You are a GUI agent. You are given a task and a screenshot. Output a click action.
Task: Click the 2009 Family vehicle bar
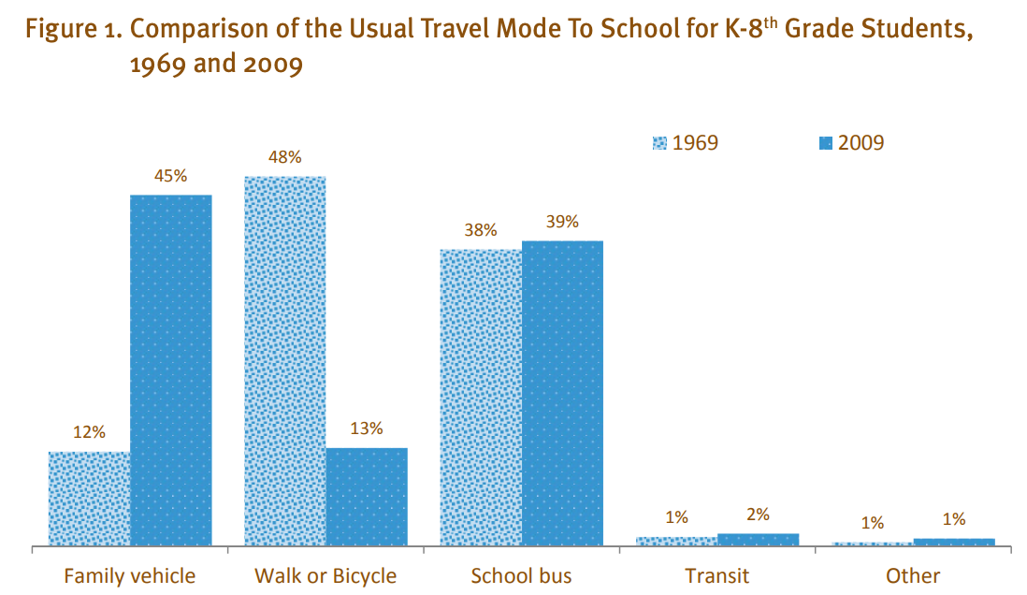pyautogui.click(x=171, y=370)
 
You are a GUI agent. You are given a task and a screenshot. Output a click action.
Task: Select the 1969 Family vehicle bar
pyautogui.click(x=89, y=498)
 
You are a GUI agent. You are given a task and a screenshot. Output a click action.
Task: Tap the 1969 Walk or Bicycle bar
pyautogui.click(x=284, y=360)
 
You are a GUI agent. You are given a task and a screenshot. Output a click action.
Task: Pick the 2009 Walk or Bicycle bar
pyautogui.click(x=367, y=496)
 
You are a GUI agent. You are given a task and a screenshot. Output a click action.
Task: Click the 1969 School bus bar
pyautogui.click(x=481, y=397)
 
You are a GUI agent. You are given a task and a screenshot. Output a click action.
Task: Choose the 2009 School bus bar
pyautogui.click(x=562, y=393)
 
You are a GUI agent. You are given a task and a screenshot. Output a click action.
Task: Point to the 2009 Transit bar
pyautogui.click(x=758, y=539)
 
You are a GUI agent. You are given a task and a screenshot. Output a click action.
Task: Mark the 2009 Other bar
pyautogui.click(x=953, y=542)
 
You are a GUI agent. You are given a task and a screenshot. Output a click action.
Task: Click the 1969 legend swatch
pyautogui.click(x=659, y=143)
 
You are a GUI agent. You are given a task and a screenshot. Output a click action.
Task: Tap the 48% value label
pyautogui.click(x=284, y=157)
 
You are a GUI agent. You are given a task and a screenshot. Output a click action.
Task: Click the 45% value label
pyautogui.click(x=171, y=176)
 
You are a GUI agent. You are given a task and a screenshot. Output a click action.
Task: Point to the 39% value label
pyautogui.click(x=562, y=222)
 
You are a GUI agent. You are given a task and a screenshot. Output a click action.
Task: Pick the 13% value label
pyautogui.click(x=367, y=428)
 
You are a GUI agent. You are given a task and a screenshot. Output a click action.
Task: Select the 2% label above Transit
pyautogui.click(x=758, y=514)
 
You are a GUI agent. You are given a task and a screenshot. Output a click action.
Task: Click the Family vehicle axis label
pyautogui.click(x=129, y=574)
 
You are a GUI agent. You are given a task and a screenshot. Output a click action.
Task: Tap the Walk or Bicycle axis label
pyautogui.click(x=325, y=574)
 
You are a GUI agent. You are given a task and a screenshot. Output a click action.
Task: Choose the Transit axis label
pyautogui.click(x=716, y=574)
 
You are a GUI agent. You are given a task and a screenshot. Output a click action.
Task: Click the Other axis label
pyautogui.click(x=913, y=574)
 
